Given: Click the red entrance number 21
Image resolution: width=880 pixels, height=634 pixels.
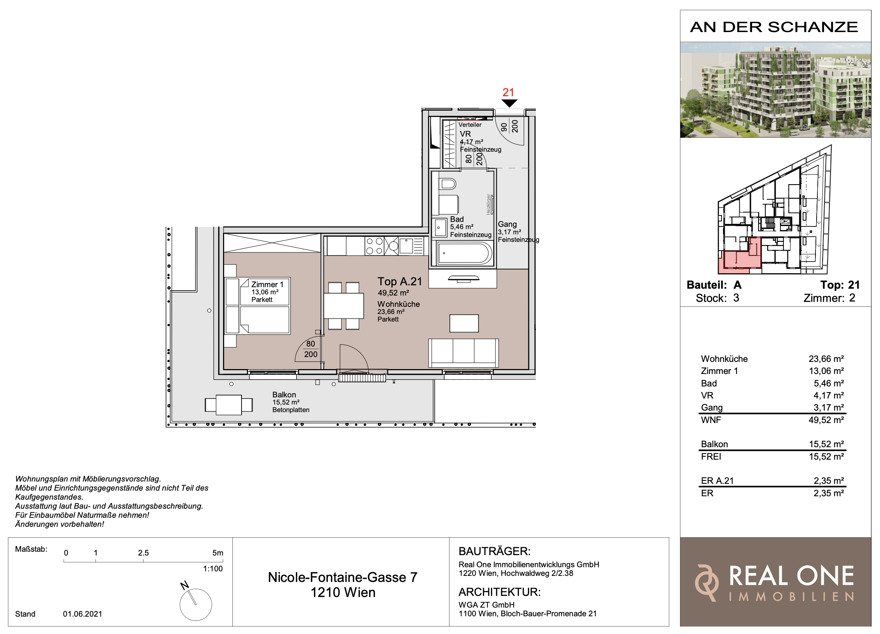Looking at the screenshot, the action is coord(508,92).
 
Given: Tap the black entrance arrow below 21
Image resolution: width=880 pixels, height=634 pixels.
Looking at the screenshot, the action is coord(509,103).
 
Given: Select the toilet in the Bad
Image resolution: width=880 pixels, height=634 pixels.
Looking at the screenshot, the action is coord(448,183).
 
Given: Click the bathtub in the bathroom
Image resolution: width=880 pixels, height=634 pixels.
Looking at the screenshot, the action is coord(464,253).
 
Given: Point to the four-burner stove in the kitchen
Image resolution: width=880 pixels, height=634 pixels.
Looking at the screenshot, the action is coord(374,246).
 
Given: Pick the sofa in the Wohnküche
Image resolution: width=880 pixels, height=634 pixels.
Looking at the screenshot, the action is coord(463,353).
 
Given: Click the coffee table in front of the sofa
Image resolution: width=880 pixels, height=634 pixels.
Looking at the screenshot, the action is coord(464,323).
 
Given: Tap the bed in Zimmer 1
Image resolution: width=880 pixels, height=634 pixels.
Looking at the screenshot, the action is coord(264,306).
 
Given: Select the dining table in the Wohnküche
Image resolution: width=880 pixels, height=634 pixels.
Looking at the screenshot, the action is coord(344,306).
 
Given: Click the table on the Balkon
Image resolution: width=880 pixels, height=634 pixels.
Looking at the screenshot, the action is coord(229,405).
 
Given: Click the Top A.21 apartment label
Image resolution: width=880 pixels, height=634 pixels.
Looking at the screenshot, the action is coord(400,281).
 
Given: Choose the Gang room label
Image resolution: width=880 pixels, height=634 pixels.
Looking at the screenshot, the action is coord(507,224).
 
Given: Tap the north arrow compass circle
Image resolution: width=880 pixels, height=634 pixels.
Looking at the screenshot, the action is coord(195,605).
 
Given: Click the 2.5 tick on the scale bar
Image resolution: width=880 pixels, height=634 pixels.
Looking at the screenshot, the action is coord(143,561).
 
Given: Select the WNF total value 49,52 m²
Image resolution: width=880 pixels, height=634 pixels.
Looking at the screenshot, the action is coord(826,420).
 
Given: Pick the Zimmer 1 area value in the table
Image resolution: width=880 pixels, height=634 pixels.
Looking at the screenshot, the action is coord(826,371).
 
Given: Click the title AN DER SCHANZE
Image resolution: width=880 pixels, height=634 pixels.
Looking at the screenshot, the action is coord(774,27).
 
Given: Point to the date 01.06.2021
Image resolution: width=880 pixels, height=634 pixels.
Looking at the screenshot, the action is coord(82,614).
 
